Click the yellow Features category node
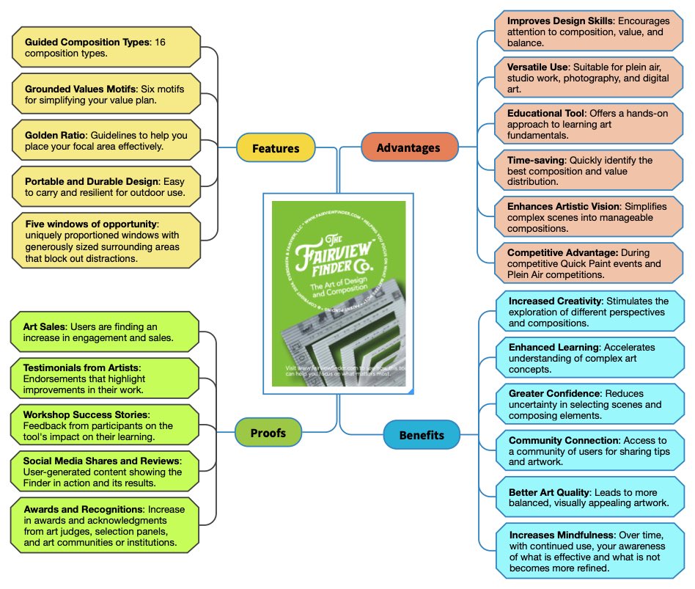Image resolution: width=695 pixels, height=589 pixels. tap(276, 148)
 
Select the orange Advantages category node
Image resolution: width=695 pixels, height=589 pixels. tap(408, 148)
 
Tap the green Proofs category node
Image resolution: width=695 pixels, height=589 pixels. tap(268, 432)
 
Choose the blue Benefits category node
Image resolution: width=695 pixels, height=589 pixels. tap(422, 435)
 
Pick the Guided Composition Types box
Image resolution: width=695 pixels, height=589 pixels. tap(106, 47)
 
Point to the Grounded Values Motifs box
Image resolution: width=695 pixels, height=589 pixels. tap(106, 93)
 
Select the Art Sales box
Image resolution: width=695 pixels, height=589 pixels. tap(106, 332)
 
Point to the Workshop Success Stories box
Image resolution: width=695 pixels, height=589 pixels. tap(106, 425)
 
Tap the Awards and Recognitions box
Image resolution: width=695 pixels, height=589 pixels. tap(106, 525)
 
